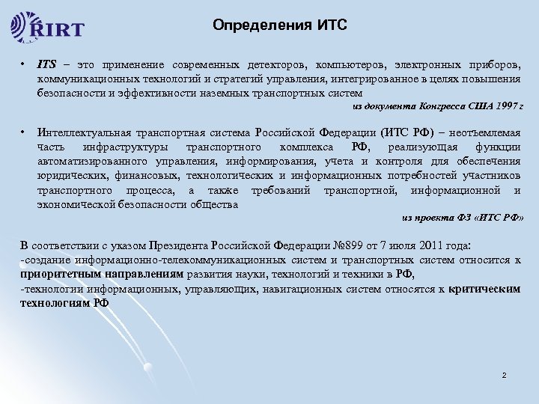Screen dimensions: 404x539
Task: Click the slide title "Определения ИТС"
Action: (279, 25)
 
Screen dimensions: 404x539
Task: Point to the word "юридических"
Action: (67, 174)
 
